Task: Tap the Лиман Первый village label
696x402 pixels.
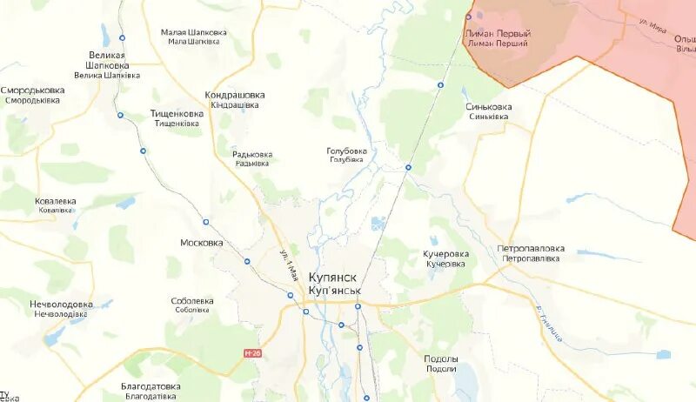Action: [499, 34]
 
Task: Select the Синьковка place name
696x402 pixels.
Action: [489, 107]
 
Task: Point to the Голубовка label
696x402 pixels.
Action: [346, 151]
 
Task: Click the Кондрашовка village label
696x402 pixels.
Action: [235, 95]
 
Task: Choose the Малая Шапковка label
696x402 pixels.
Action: [194, 32]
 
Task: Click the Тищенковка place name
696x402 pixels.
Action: [177, 114]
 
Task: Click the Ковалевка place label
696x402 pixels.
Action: [56, 201]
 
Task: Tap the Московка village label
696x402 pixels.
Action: [202, 243]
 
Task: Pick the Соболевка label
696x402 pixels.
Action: [193, 301]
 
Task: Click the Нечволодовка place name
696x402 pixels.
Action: [62, 305]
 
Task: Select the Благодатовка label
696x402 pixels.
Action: [152, 386]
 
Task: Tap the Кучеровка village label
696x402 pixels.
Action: [446, 254]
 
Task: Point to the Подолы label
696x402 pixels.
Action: [441, 359]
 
